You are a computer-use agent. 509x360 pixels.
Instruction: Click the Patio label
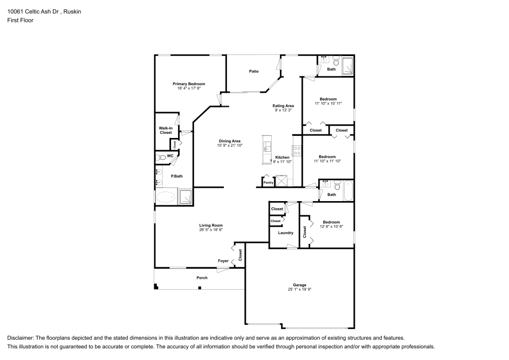254,72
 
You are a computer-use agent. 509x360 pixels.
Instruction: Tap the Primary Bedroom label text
188,84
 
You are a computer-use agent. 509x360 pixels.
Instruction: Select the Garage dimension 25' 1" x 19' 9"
299,289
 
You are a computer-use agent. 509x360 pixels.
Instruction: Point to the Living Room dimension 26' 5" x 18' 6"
210,230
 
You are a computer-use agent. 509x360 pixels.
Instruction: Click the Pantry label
268,182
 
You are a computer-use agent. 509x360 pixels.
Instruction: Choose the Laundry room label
285,233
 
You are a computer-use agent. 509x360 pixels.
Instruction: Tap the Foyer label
223,261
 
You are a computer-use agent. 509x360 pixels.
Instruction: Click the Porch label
202,278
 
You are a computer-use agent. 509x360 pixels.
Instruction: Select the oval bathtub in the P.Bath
165,197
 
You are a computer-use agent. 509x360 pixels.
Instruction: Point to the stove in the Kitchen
296,150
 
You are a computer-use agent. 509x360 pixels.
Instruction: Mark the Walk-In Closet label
165,130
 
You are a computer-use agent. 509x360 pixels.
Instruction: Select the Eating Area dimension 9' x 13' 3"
283,110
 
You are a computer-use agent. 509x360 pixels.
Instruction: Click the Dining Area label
229,141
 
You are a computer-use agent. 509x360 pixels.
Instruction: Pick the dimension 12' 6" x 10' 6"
331,227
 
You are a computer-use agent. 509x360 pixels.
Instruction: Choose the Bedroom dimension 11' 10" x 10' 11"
328,103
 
